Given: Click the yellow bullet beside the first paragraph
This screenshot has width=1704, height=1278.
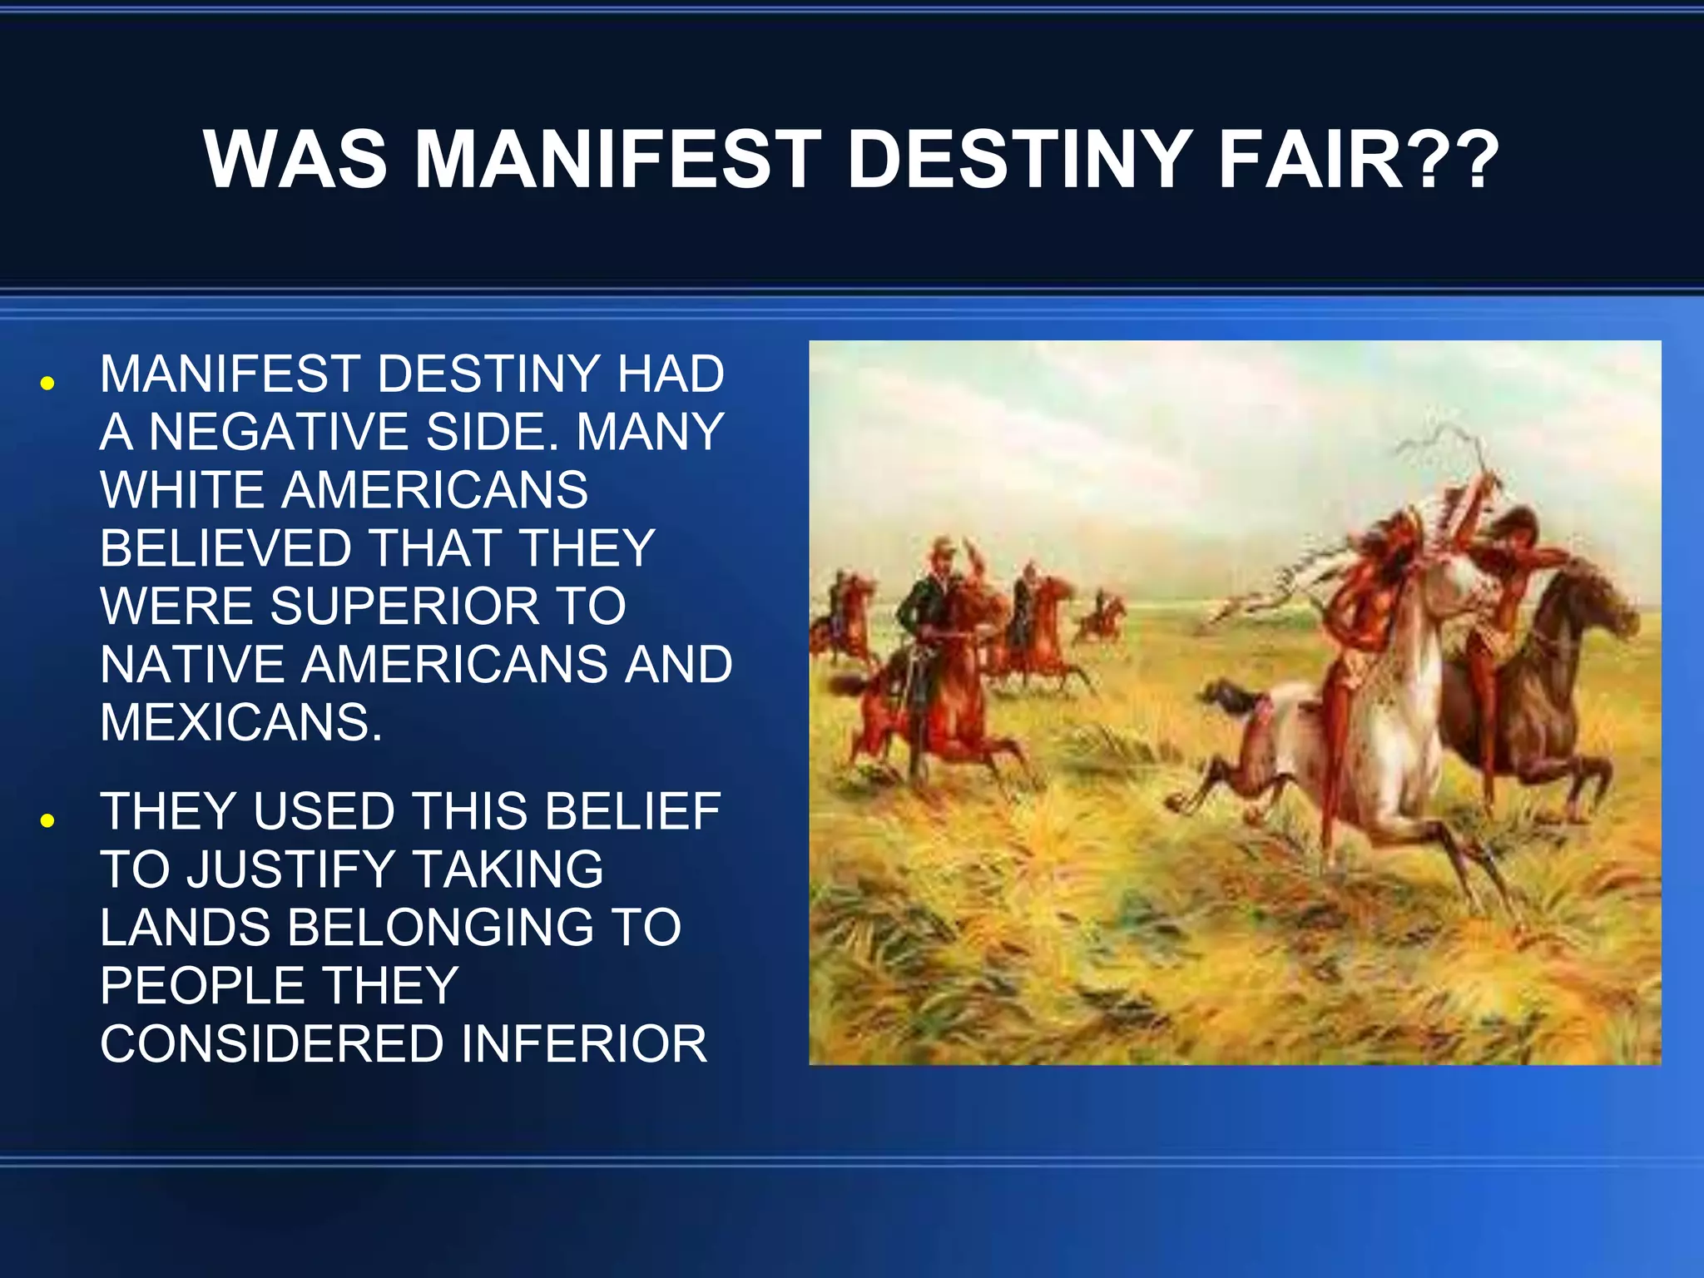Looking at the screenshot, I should point(47,384).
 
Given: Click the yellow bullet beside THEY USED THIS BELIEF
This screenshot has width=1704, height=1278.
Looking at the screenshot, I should point(47,820).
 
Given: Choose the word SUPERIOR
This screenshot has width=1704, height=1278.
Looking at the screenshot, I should point(405,606).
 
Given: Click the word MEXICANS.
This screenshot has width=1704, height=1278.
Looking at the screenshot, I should point(240,722).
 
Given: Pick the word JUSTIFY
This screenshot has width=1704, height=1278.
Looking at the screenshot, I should point(290,869).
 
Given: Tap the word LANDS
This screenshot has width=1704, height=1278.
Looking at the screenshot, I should point(185,928).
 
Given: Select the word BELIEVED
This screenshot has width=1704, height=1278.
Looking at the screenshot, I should point(225,548).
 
